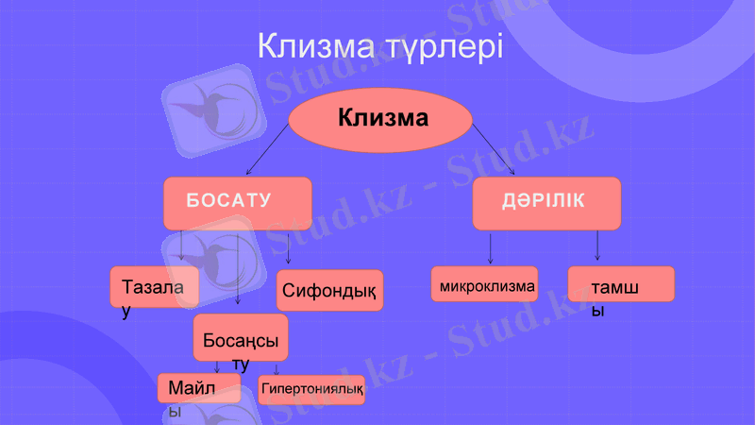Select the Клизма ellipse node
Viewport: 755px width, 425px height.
pyautogui.click(x=380, y=120)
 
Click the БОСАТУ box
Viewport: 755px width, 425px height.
pyautogui.click(x=237, y=202)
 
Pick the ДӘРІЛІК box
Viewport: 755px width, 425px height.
pyautogui.click(x=546, y=202)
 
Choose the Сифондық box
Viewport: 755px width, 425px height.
pyautogui.click(x=329, y=290)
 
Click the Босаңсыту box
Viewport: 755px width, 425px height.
pyautogui.click(x=241, y=337)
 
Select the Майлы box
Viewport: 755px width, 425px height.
pyautogui.click(x=198, y=388)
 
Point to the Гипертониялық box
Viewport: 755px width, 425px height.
pyautogui.click(x=311, y=389)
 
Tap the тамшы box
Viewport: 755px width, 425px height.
pyautogui.click(x=621, y=284)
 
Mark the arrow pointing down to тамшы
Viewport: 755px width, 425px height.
pyautogui.click(x=597, y=245)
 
